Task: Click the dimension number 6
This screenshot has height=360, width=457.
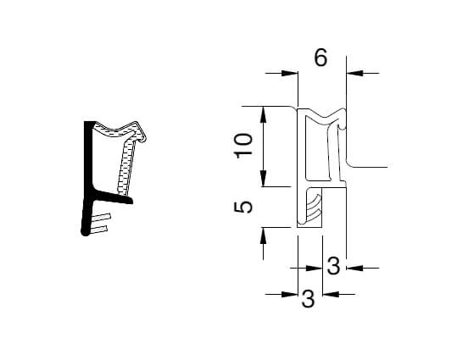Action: pos(320,58)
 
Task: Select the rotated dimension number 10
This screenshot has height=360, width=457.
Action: pos(244,146)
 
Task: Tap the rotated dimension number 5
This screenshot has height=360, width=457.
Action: pos(244,207)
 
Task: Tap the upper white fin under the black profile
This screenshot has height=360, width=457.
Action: pos(101,218)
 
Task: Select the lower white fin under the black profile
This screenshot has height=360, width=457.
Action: pos(101,228)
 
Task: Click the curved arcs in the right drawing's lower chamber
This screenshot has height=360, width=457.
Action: pos(314,208)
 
